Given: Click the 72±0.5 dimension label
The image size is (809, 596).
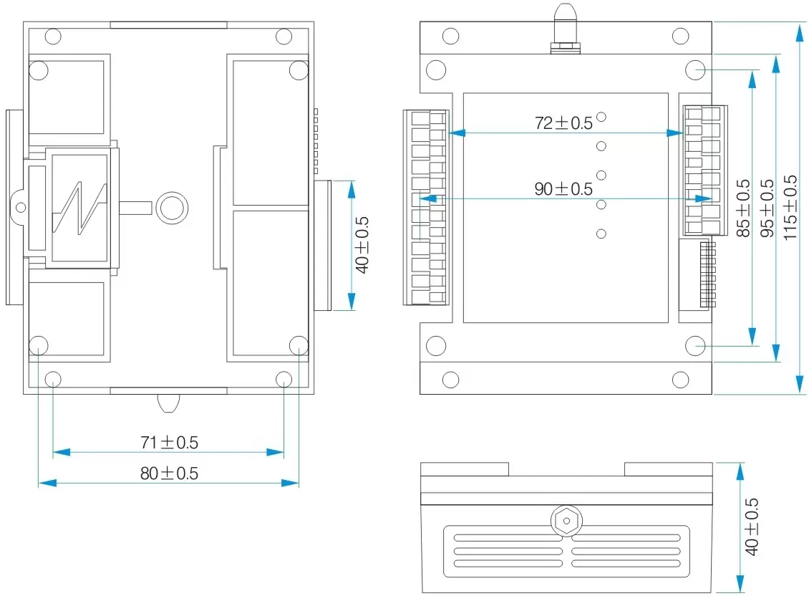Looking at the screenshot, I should coord(563,122).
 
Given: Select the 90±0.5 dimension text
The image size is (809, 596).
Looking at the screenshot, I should coord(563,189).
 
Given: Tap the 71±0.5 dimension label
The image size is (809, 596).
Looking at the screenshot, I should coord(169,443).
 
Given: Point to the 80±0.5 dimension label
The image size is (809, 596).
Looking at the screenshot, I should coord(169,473).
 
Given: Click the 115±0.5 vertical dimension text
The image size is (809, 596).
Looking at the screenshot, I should coord(790,208).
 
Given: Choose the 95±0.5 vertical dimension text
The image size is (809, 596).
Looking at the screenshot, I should coord(767,208).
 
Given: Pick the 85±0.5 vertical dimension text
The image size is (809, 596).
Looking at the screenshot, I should coord(743,208).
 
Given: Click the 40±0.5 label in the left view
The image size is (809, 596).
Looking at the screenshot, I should coord(362,244).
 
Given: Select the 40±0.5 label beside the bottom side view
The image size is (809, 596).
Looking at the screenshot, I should coord(752,527).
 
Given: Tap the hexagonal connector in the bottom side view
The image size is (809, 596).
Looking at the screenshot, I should coord(566,521).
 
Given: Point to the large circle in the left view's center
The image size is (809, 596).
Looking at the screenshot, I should coord(172,207).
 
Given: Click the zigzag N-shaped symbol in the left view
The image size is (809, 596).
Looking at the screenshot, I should coord(79,208).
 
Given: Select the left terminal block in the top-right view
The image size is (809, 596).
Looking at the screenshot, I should coord(427,208).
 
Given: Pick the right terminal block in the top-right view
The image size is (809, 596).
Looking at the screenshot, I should coord(704,170).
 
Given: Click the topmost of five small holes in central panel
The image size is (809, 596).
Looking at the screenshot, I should coord(601,117).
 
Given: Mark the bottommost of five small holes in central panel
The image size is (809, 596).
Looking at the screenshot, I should coord(601,234).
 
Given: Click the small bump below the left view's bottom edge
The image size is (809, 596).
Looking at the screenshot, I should coord(168,403).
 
